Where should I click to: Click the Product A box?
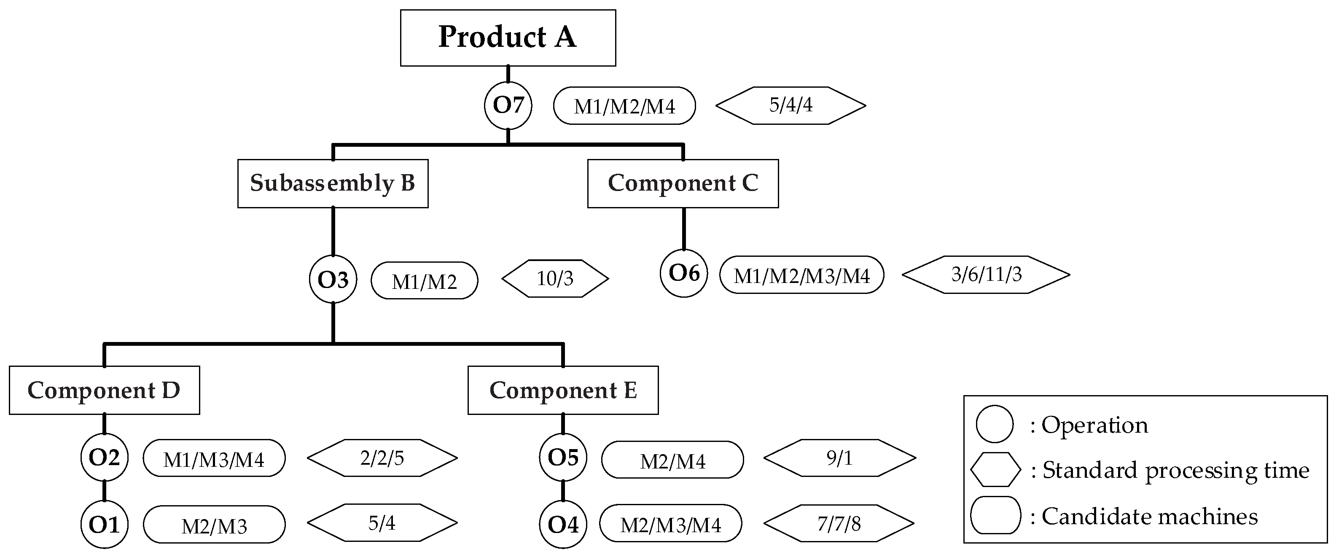pos(508,38)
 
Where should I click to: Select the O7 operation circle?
pos(508,105)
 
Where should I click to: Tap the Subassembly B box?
pos(333,183)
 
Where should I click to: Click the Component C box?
pos(683,183)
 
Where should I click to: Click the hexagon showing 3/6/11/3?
pos(986,275)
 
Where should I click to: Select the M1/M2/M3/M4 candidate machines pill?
pos(801,275)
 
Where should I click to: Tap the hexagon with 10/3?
pos(555,279)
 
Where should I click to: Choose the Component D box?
pos(104,390)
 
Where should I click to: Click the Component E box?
pos(563,390)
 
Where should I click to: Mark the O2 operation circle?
pos(104,458)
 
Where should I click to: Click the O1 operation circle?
pos(104,524)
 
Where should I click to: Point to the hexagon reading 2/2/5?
pos(382,458)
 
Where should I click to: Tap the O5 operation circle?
pos(563,458)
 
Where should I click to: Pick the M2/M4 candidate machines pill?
pos(672,460)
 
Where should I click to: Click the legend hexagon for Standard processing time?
pos(995,469)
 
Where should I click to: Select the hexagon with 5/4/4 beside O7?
pos(790,105)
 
